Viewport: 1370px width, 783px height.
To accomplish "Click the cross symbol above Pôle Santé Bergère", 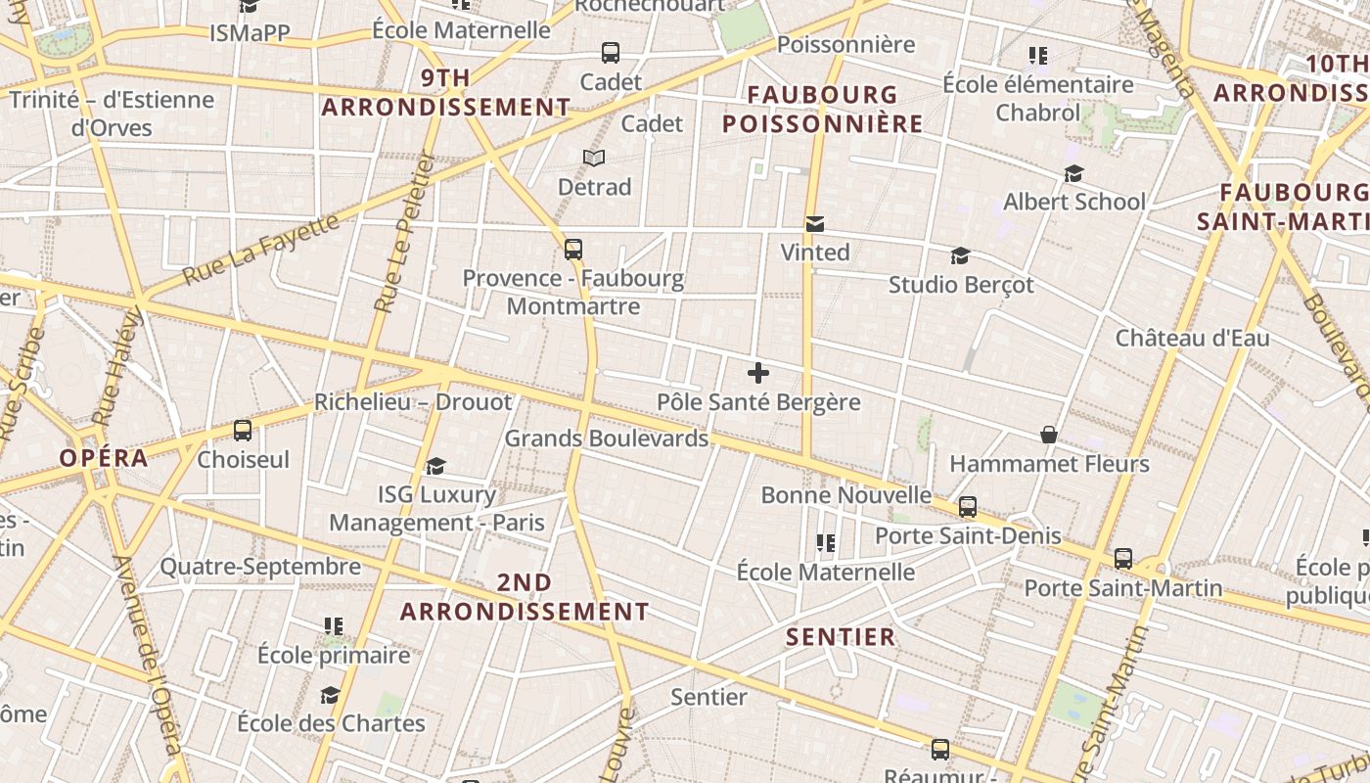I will [x=758, y=373].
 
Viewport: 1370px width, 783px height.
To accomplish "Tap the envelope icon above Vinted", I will [x=814, y=224].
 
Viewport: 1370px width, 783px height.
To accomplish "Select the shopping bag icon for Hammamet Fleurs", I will [x=1049, y=435].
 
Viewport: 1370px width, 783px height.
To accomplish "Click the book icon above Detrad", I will [x=594, y=158].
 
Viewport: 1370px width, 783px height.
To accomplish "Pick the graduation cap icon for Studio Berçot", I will [x=960, y=256].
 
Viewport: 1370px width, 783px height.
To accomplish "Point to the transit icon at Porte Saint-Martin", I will [x=1123, y=559].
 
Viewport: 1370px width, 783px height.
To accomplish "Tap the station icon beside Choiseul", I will [x=243, y=430].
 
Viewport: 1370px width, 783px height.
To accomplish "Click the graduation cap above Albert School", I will [x=1073, y=174].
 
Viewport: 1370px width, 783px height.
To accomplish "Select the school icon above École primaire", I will [x=334, y=625].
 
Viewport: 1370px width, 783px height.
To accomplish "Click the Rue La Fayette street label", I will [x=261, y=250].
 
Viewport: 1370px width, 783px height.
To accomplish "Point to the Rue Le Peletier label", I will [x=403, y=233].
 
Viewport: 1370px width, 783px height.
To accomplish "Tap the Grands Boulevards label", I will [x=606, y=438].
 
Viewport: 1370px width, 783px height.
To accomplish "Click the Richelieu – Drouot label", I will [x=412, y=402].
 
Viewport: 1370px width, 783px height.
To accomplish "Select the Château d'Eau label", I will [x=1192, y=339].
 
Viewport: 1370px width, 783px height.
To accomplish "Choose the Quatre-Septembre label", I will [x=260, y=567].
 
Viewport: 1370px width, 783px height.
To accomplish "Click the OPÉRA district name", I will [x=104, y=458].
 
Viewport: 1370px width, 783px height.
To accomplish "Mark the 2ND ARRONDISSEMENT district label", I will [x=525, y=597].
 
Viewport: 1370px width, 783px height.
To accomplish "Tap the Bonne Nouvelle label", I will [x=845, y=495].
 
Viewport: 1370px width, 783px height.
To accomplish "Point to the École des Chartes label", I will [x=331, y=724].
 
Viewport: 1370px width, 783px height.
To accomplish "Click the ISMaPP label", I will [x=250, y=33].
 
